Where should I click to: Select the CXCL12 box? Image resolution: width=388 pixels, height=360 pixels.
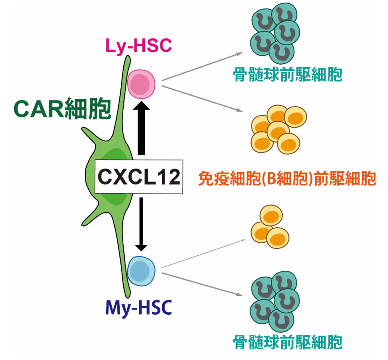139,176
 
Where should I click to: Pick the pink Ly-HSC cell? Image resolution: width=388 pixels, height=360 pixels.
141,84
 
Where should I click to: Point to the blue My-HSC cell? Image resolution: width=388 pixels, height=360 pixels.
141,270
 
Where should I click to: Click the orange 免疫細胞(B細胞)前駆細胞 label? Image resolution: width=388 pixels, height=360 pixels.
287,178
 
